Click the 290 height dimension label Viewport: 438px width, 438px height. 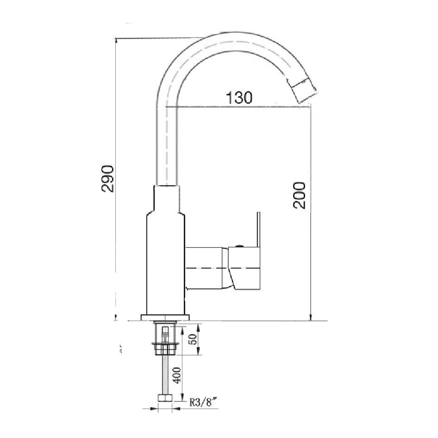[107, 178]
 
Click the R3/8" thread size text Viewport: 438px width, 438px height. [203, 402]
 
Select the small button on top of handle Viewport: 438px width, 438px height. [239, 246]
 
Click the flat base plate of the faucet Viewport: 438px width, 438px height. [165, 317]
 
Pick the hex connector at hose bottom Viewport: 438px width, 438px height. [164, 398]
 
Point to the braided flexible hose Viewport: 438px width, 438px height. [164, 375]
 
